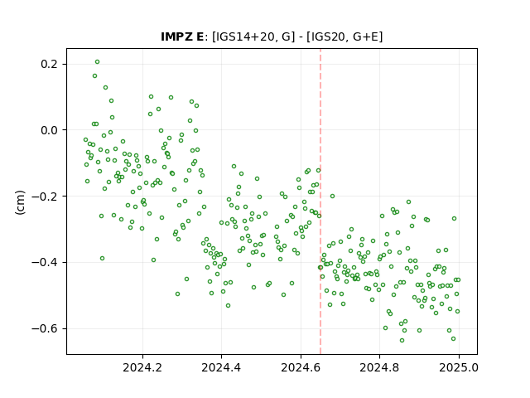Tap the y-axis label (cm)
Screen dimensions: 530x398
[x=20, y=202]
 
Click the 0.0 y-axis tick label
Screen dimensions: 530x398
[x=51, y=130]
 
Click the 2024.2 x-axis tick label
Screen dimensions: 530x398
[x=142, y=367]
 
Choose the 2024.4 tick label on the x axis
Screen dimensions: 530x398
[x=221, y=367]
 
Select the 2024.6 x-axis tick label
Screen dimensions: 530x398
[x=301, y=367]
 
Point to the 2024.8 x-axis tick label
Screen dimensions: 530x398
[x=379, y=367]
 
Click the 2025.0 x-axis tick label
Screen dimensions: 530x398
[x=459, y=367]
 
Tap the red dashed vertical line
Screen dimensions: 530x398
[x=320, y=201]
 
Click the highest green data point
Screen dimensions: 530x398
[x=98, y=62]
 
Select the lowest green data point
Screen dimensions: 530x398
[x=402, y=341]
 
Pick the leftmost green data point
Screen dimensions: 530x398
[x=86, y=140]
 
